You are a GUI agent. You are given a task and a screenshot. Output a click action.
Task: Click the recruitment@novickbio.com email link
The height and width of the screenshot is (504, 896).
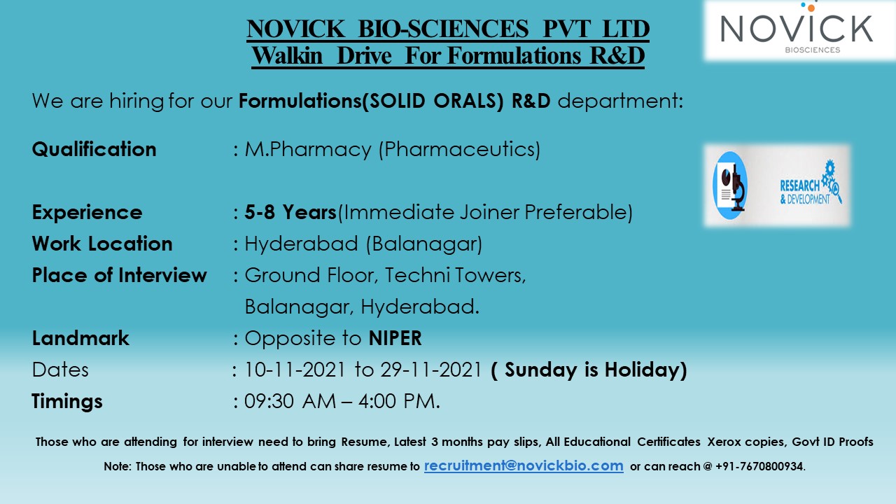pos(524,465)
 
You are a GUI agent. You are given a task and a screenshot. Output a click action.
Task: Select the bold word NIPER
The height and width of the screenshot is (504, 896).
pos(395,338)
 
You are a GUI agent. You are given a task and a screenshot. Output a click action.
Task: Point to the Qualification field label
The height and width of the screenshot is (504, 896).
pos(94,149)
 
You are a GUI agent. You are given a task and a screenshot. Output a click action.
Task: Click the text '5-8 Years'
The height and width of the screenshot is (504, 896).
pos(290,212)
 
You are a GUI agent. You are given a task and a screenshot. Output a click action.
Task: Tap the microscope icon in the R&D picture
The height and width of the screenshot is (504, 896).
pos(731,185)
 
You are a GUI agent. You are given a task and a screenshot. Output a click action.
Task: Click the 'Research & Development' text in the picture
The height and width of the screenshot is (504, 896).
pos(805,191)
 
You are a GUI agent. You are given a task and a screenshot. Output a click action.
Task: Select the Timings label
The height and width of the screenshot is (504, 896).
pos(67,401)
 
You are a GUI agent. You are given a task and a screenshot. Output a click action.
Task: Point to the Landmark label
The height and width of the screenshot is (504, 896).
pos(80,338)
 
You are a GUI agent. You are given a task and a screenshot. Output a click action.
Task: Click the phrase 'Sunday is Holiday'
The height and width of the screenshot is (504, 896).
pos(589,370)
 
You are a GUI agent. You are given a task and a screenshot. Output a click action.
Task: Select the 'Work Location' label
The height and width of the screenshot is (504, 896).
pos(102,244)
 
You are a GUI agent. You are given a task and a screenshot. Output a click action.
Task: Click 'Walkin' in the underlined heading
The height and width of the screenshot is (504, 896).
pos(288,55)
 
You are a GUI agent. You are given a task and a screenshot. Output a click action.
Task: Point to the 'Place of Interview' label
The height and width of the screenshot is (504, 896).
pos(120,275)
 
